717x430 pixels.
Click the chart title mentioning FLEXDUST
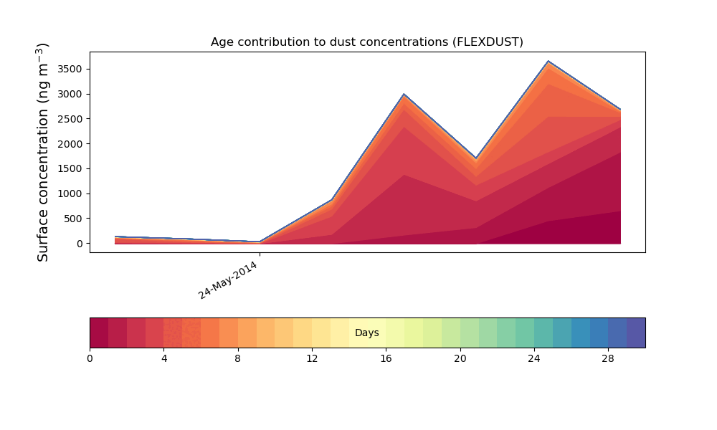coord(366,42)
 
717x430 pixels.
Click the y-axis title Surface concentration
coord(42,152)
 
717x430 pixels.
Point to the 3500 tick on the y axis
coord(70,69)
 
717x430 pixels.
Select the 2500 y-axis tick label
coord(70,119)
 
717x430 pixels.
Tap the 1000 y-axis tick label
coord(70,193)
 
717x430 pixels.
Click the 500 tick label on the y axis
coord(72,219)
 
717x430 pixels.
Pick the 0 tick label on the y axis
coord(80,244)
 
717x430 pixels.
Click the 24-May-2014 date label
coord(228,280)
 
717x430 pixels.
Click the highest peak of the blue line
coord(549,61)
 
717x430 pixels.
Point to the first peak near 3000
coord(404,94)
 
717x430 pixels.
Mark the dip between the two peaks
coord(476,158)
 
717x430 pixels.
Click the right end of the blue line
coord(620,109)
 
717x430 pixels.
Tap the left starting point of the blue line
coord(115,236)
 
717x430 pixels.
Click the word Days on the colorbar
coord(366,333)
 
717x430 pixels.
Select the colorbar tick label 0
coord(90,359)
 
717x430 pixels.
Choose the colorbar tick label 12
coord(312,359)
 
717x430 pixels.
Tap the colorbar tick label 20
coord(460,359)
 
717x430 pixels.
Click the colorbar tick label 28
coord(608,359)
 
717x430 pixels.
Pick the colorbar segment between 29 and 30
coord(636,333)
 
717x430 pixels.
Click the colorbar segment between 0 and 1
coord(99,333)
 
